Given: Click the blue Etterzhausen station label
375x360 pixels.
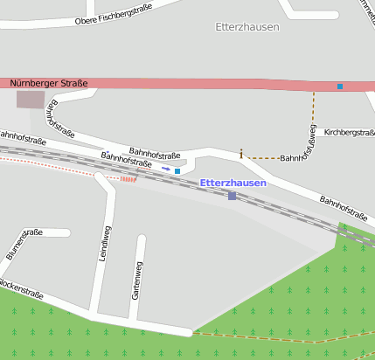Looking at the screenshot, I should coord(233,183).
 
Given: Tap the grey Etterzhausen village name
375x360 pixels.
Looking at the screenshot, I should coord(247,27).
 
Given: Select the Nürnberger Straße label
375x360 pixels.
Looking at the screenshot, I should coord(49,83).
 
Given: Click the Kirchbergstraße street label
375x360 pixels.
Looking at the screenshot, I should coord(349,133).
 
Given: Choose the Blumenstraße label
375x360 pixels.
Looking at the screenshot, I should coord(24,244).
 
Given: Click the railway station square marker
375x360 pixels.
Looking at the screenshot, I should coord(232,196).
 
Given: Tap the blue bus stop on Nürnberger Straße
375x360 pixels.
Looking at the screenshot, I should coord(340,86).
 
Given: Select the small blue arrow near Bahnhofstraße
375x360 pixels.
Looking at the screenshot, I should coord(166,169).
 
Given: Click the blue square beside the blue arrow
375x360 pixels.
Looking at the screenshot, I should coord(177,171).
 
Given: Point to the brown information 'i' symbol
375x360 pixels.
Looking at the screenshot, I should coord(241,154).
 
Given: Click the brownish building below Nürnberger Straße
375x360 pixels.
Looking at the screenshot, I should coord(30,100).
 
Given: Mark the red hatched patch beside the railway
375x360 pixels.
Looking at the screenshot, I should coord(128,178).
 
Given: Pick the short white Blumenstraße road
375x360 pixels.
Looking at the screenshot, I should coord(52,233).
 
